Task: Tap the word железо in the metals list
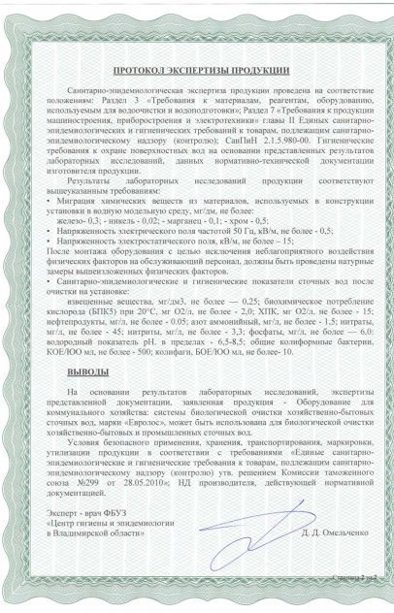pos(85,220)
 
